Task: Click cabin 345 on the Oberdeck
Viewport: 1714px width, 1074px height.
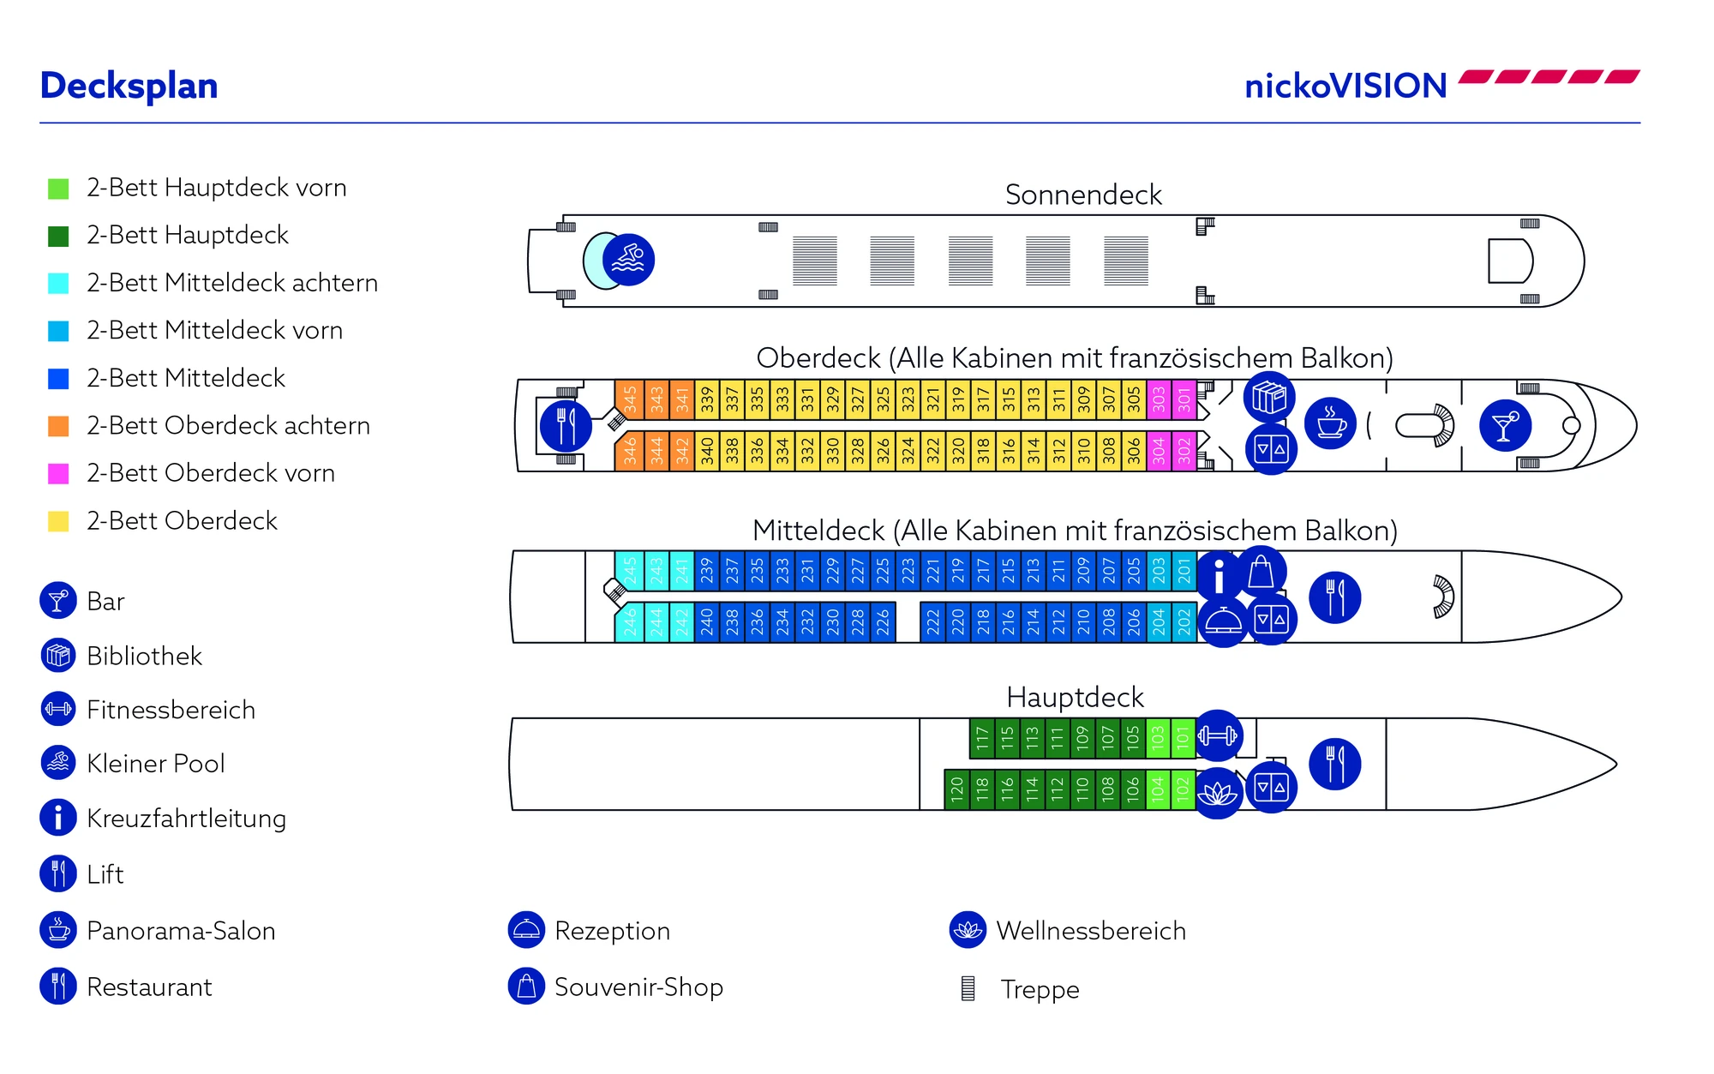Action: coord(630,399)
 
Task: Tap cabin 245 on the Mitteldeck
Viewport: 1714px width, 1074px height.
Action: coord(630,570)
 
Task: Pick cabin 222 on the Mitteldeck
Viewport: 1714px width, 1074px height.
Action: coord(932,621)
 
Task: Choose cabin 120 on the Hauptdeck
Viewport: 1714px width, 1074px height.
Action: coord(956,788)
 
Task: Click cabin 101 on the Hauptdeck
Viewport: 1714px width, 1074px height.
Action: coord(1183,736)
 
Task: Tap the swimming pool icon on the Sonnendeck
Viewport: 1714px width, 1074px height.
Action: coord(628,260)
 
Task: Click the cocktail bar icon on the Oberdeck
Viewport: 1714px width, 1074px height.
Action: coord(1505,425)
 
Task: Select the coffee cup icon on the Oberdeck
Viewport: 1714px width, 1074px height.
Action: coord(1330,423)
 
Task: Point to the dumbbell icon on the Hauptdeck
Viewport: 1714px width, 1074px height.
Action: coord(1218,735)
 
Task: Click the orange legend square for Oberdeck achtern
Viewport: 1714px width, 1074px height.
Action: coord(58,426)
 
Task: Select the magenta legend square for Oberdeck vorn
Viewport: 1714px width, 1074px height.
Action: coord(58,473)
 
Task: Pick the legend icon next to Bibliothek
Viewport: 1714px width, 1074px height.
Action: coord(58,656)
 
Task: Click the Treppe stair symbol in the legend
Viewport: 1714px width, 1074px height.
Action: coord(968,988)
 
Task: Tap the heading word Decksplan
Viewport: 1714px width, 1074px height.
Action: coord(129,86)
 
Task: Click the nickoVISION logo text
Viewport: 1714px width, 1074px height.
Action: coord(1345,86)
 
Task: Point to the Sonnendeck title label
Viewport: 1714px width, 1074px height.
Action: coord(1083,195)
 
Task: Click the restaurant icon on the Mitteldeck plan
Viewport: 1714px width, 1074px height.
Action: coord(1334,597)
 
